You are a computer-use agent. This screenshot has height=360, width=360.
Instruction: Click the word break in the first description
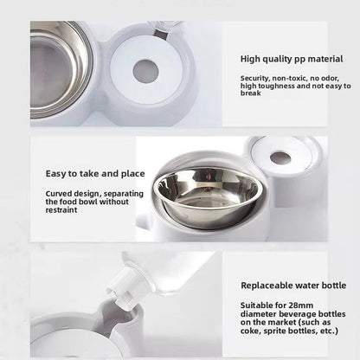[x=251, y=93]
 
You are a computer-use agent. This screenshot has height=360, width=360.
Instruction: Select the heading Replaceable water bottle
[x=292, y=284]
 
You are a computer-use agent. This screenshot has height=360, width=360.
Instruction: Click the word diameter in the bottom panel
[x=260, y=312]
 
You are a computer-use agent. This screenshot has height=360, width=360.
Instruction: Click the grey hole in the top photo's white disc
[x=145, y=71]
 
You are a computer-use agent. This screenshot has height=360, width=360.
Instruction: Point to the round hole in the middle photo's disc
[x=280, y=158]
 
